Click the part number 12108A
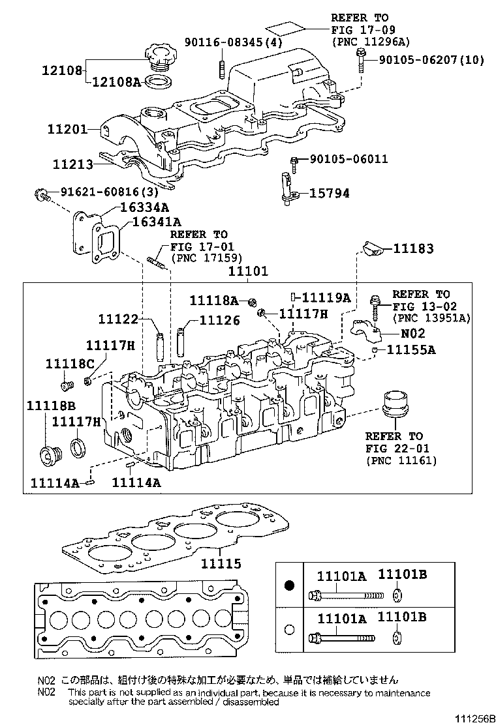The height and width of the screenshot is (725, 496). (116, 81)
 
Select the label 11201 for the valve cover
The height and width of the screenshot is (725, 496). (67, 129)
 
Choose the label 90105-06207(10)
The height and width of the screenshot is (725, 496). (431, 60)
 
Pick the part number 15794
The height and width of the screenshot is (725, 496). (329, 193)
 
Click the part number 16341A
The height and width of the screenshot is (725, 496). (156, 221)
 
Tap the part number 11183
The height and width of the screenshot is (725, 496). (413, 249)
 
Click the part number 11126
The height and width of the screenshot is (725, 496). (219, 320)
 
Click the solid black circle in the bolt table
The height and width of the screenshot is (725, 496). (290, 585)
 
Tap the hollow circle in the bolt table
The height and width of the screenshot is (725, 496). (290, 630)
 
